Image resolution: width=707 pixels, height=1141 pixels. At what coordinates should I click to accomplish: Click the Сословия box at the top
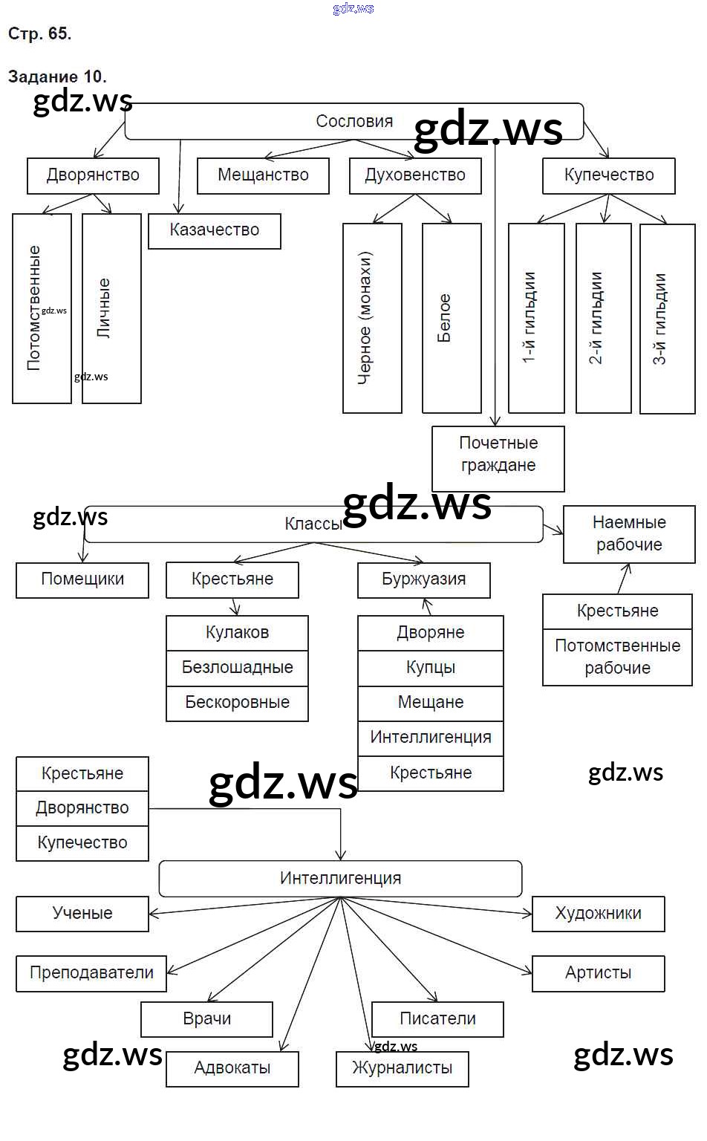[x=353, y=122]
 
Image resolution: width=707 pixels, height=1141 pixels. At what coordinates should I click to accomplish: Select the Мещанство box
[x=263, y=176]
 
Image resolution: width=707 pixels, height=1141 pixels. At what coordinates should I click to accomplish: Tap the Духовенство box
[x=415, y=176]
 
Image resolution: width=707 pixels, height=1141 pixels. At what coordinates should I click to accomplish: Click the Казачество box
[x=215, y=231]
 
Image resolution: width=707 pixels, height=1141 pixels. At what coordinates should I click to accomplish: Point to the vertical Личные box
[x=111, y=308]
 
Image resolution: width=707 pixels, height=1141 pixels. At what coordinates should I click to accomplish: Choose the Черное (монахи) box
[x=372, y=318]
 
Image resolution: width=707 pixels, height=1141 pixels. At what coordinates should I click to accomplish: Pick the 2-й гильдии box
[x=604, y=318]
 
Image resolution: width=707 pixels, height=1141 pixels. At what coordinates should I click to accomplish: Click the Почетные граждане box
[x=498, y=455]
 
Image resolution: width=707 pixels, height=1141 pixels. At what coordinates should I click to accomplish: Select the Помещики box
[x=82, y=579]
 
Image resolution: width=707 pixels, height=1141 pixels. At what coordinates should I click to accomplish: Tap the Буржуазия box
[x=424, y=579]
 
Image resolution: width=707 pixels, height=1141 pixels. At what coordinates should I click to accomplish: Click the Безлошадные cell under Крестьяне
[x=237, y=667]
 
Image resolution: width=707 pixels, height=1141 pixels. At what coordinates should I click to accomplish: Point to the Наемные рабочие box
[x=629, y=534]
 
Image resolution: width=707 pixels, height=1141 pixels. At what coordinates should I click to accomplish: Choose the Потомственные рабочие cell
[x=617, y=657]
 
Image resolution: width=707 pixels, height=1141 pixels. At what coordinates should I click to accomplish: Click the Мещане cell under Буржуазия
[x=431, y=703]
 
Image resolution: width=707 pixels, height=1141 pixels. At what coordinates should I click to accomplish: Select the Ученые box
[x=82, y=914]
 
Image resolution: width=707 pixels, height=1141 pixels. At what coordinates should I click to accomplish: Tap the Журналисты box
[x=403, y=1069]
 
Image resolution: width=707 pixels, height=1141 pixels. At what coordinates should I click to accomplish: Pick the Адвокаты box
[x=232, y=1069]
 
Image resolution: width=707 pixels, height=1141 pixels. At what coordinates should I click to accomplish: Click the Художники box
[x=599, y=914]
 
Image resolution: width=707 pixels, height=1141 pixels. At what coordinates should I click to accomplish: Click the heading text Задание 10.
[x=57, y=77]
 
